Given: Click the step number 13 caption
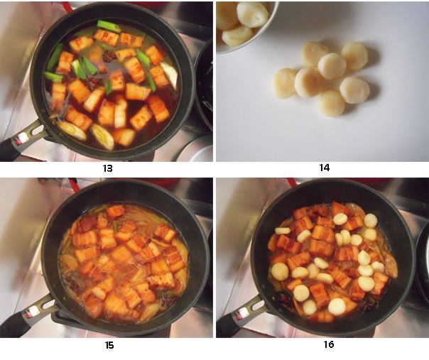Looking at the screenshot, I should coord(107,168).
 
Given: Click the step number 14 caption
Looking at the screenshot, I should coord(325,168).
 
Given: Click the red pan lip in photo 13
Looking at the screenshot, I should coord(67,6).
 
